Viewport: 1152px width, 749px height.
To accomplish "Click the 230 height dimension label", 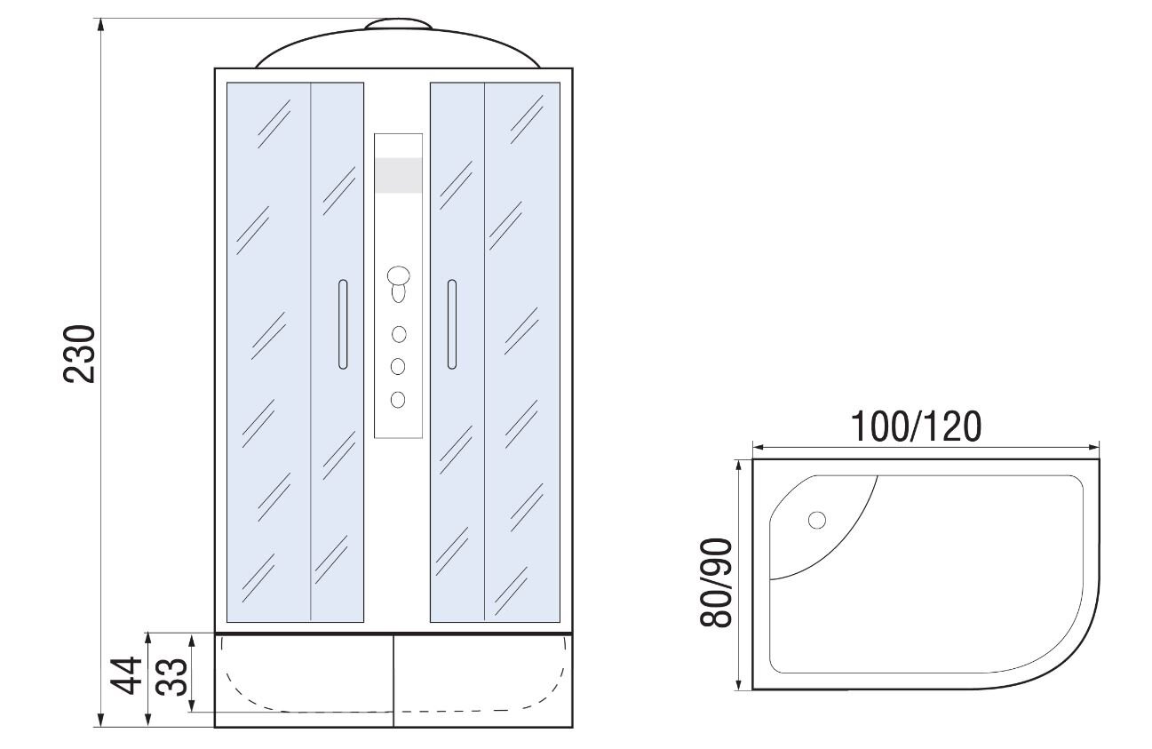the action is point(79,354).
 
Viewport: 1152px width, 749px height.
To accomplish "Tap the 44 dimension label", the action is point(125,675).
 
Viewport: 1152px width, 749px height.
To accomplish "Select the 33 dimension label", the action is point(171,676).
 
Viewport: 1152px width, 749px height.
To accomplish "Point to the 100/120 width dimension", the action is point(916,427).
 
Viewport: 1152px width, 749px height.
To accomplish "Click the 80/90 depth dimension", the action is point(715,583).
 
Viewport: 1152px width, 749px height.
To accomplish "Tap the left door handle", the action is point(343,324).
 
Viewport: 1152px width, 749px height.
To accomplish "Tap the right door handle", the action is point(452,324).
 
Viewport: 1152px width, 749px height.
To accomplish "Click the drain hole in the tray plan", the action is point(816,520).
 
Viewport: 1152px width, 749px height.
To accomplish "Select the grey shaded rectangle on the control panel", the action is point(399,175).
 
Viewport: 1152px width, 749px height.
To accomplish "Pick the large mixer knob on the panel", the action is point(399,275).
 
